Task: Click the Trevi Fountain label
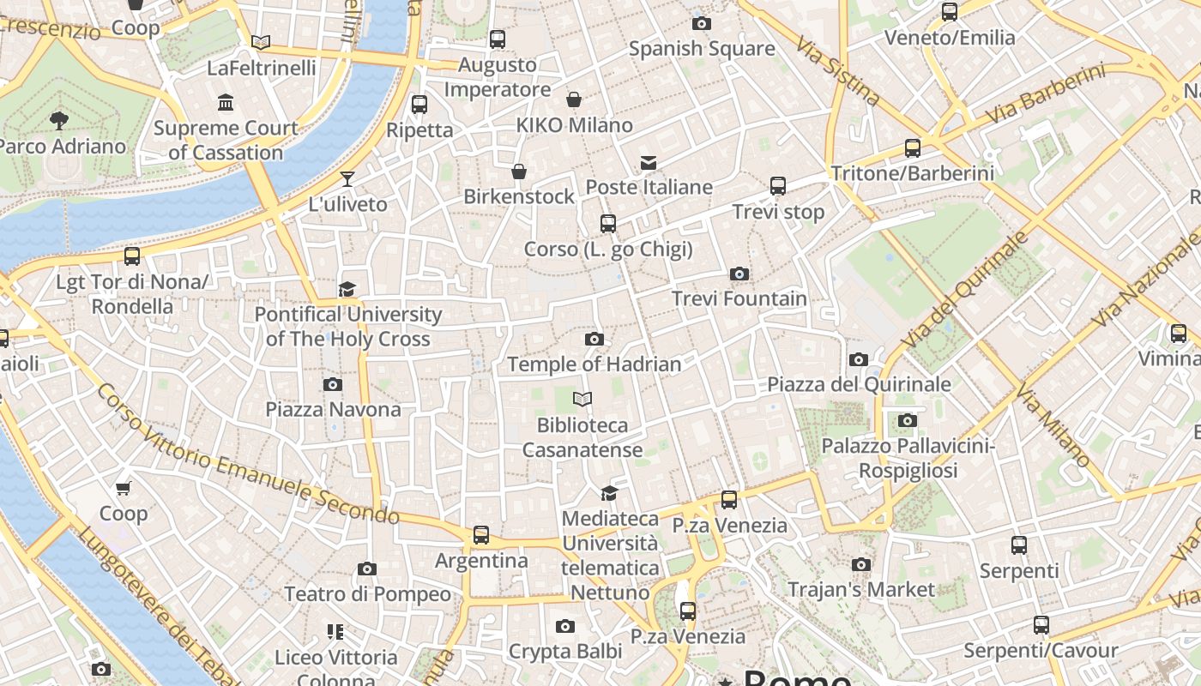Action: [x=739, y=298]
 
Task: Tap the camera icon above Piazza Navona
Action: [x=333, y=384]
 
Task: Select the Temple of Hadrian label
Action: [x=594, y=364]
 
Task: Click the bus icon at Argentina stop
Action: [x=481, y=535]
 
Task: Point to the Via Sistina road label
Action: [x=837, y=70]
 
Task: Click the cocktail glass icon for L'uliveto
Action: [x=347, y=179]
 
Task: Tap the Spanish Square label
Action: [x=702, y=49]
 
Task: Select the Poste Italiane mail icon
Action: [x=648, y=162]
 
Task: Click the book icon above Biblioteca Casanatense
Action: [x=582, y=400]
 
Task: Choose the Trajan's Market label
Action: [x=860, y=589]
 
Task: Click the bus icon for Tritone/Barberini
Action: [x=913, y=147]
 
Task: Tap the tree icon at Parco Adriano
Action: [x=59, y=120]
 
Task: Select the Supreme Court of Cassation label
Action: [x=226, y=140]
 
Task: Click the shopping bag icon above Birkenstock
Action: [x=519, y=171]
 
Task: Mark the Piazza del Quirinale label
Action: [x=859, y=383]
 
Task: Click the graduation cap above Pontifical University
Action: [x=347, y=289]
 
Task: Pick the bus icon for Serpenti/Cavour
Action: [x=1041, y=624]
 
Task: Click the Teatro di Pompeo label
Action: [x=367, y=593]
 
